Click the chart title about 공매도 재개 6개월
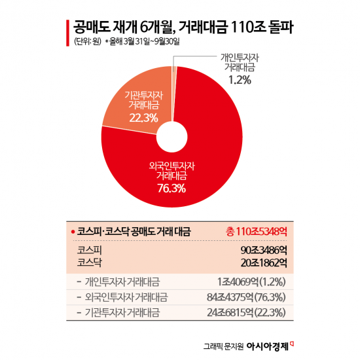click(180, 27)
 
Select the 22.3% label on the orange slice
click(143, 118)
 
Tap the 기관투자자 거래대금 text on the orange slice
click(143, 100)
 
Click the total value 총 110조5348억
click(255, 232)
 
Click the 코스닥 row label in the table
click(90, 262)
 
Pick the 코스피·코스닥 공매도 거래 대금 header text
click(134, 232)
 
